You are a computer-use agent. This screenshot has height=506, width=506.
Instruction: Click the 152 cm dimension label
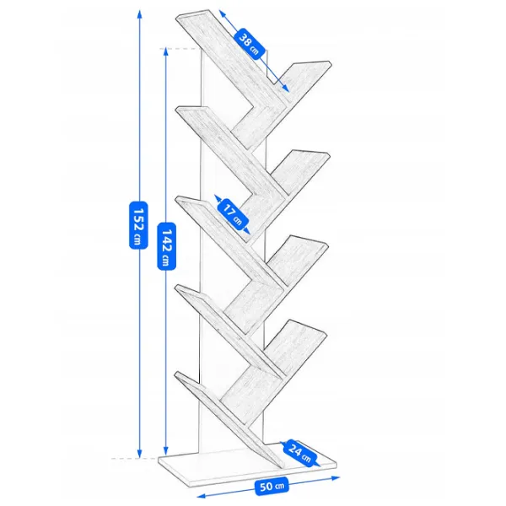(138, 225)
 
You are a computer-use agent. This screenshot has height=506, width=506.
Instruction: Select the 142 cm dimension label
(166, 246)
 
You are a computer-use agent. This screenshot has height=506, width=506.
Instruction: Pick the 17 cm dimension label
(233, 214)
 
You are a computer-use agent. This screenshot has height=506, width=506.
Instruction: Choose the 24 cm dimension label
(299, 453)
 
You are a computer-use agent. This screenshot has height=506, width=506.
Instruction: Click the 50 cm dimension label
(272, 486)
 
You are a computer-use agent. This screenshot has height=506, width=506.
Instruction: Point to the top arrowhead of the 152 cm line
(139, 13)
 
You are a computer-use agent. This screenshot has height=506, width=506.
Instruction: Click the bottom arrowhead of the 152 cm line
(139, 454)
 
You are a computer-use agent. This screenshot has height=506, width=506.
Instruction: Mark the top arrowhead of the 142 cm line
(166, 51)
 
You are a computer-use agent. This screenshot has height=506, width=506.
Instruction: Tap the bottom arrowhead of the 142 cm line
(166, 451)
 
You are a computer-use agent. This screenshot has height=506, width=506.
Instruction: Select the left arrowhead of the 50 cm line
(201, 495)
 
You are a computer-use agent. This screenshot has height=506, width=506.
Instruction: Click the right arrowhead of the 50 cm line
(336, 478)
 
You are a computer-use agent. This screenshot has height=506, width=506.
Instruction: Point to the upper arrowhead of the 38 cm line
(222, 13)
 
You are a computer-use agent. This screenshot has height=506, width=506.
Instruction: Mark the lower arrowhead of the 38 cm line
(286, 89)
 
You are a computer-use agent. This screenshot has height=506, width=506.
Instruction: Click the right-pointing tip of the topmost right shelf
(331, 62)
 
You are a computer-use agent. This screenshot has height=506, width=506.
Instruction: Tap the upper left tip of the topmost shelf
(176, 17)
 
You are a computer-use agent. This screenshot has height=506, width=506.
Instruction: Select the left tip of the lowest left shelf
(175, 374)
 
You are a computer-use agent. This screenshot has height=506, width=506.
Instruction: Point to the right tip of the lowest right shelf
(327, 333)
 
